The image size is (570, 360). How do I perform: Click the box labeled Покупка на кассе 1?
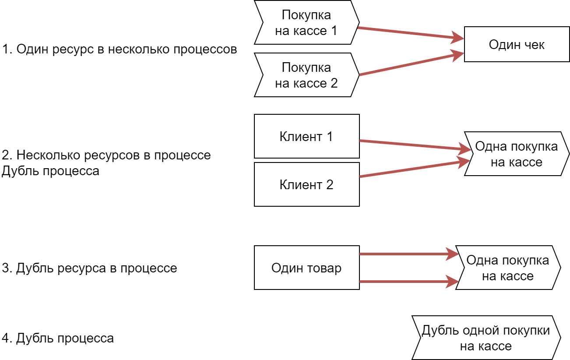tap(306, 23)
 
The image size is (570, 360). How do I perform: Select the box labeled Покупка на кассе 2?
tap(306, 75)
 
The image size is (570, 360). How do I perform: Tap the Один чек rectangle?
tap(517, 44)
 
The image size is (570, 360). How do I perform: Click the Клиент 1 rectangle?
tap(306, 136)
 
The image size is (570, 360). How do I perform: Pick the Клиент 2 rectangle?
tap(306, 184)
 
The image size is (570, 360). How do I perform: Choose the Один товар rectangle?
tap(306, 268)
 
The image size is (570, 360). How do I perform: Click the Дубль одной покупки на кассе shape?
tap(486, 338)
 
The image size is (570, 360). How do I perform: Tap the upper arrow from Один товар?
tap(405, 254)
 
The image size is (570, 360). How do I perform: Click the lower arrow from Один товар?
tap(405, 281)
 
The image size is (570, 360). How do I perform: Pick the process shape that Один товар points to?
tap(508, 268)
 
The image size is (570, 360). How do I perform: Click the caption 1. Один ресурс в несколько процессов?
tap(119, 49)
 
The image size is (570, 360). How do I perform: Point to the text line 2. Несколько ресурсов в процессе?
tap(106, 155)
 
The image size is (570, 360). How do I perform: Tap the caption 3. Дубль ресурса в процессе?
tap(89, 268)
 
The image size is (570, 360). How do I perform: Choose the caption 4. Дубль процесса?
tap(58, 338)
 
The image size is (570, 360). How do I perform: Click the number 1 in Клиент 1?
tap(329, 136)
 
